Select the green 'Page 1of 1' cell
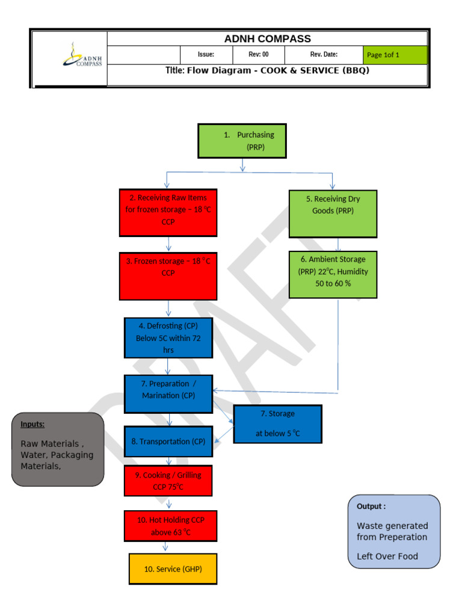coord(395,55)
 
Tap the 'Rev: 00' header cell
coord(258,55)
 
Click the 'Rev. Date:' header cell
coord(324,55)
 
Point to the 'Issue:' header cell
coord(206,55)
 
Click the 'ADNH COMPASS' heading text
coord(267,39)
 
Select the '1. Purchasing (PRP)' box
coord(242,141)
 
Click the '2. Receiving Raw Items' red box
coord(168,212)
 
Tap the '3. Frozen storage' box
coord(168,276)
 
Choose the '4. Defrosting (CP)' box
coord(168,338)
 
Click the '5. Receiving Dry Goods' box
coord(333,214)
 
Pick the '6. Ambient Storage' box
coord(333,274)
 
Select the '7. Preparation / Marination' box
coord(168,393)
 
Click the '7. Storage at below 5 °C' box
coord(277,424)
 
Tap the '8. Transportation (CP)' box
coord(168,442)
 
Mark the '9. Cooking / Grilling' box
coord(168,481)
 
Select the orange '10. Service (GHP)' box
coord(173,569)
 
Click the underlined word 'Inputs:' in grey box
coord(32,424)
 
